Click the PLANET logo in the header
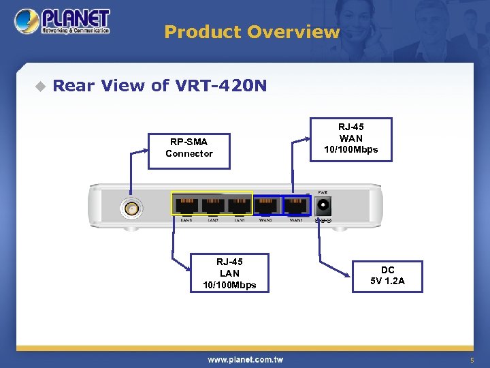[63, 22]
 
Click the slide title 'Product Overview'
[252, 32]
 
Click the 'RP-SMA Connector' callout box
[189, 148]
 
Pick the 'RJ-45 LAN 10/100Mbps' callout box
[229, 273]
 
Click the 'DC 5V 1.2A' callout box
[387, 276]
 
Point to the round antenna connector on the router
[130, 208]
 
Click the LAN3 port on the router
[186, 204]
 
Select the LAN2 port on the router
[213, 204]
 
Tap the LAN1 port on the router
[240, 204]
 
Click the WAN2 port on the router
[266, 204]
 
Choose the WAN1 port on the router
[295, 204]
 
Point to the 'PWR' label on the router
[322, 192]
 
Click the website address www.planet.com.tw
[245, 359]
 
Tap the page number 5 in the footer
[470, 360]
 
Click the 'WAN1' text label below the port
[296, 220]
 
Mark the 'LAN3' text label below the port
[186, 220]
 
